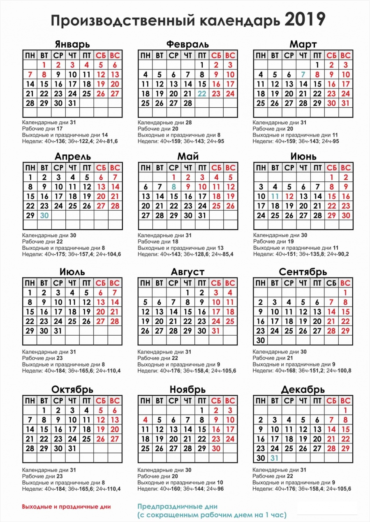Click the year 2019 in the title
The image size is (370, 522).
pos(305,20)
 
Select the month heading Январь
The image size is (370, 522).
pos(72,44)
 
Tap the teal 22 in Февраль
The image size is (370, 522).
pos(202,94)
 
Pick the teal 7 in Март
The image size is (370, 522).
pos(303,74)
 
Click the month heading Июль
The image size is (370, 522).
pos(72,272)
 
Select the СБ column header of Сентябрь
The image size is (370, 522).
pos(331,283)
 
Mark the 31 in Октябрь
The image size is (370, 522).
pos(72,448)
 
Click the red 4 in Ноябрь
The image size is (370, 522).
pos(145,420)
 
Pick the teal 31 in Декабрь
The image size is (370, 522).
pos(275,458)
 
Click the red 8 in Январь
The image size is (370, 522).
pos(44,74)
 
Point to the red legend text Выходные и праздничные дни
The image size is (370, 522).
pos(66,507)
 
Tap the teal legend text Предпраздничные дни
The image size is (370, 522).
pos(177,506)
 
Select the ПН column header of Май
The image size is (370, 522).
pos(145,168)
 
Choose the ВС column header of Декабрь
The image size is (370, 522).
pos(346,401)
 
